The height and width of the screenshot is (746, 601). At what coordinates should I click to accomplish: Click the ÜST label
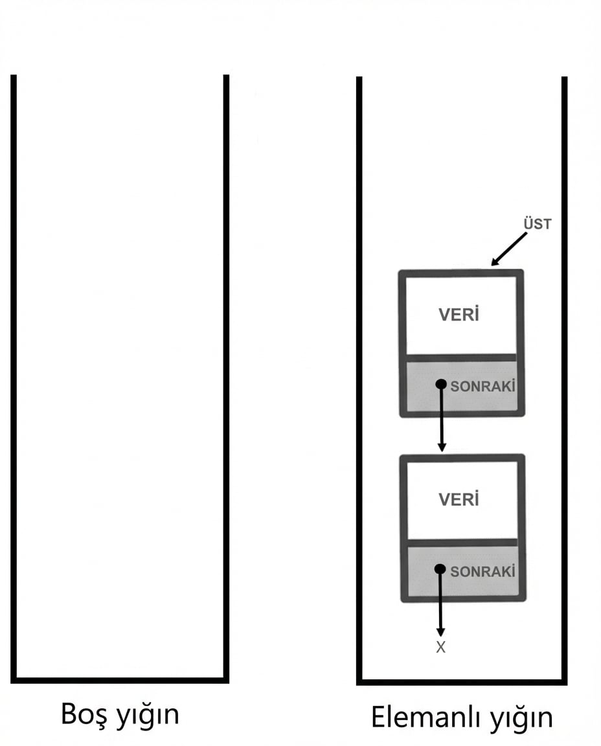pyautogui.click(x=538, y=223)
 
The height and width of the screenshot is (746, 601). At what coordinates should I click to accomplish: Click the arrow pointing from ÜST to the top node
pyautogui.click(x=509, y=249)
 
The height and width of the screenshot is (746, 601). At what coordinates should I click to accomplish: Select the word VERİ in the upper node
pyautogui.click(x=459, y=315)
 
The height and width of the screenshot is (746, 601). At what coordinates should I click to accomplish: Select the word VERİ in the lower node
pyautogui.click(x=459, y=499)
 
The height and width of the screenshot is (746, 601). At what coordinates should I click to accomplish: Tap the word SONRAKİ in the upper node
pyautogui.click(x=482, y=386)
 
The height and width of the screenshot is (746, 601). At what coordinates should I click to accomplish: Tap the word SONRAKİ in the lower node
pyautogui.click(x=482, y=571)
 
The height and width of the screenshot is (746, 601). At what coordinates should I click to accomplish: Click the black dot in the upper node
pyautogui.click(x=441, y=384)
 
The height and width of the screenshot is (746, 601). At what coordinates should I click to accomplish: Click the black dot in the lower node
pyautogui.click(x=440, y=569)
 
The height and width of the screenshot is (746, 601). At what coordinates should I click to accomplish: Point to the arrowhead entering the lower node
pyautogui.click(x=442, y=447)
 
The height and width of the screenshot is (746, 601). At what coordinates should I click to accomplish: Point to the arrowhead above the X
pyautogui.click(x=440, y=632)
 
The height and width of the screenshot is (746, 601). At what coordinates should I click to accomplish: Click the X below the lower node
pyautogui.click(x=440, y=648)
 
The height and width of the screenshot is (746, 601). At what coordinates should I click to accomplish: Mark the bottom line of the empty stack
pyautogui.click(x=120, y=681)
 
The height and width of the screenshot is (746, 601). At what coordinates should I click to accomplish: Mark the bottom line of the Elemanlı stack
pyautogui.click(x=462, y=683)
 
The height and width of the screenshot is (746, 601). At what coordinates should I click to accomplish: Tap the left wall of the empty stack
pyautogui.click(x=14, y=379)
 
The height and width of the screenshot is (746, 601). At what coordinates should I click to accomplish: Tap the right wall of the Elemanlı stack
pyautogui.click(x=564, y=381)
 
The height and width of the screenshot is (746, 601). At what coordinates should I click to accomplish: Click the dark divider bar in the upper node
pyautogui.click(x=460, y=357)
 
